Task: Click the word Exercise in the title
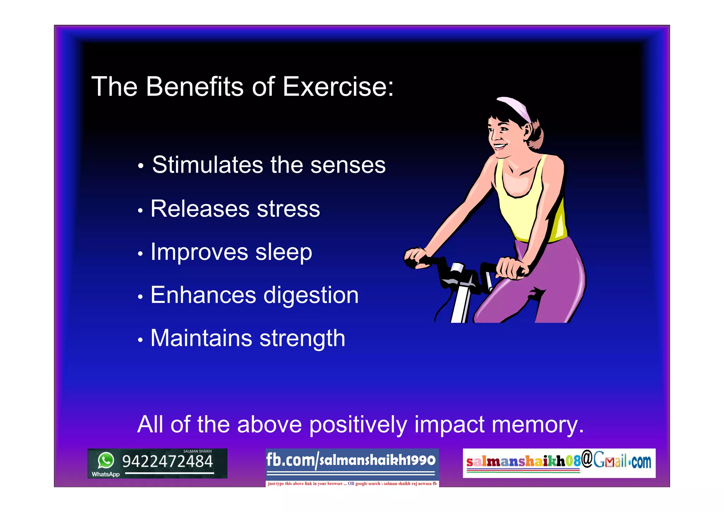tap(338, 87)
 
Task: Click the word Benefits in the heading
tap(195, 87)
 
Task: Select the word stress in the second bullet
tap(288, 209)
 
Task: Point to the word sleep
tap(284, 252)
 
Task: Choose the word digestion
tap(311, 296)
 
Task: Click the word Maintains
tap(201, 338)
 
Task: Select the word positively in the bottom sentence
tap(358, 425)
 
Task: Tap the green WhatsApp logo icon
tap(106, 460)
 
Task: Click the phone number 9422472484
tap(167, 461)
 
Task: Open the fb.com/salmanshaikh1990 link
tap(351, 460)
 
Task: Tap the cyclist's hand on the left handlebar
tap(416, 257)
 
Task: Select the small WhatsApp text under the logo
tap(105, 474)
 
